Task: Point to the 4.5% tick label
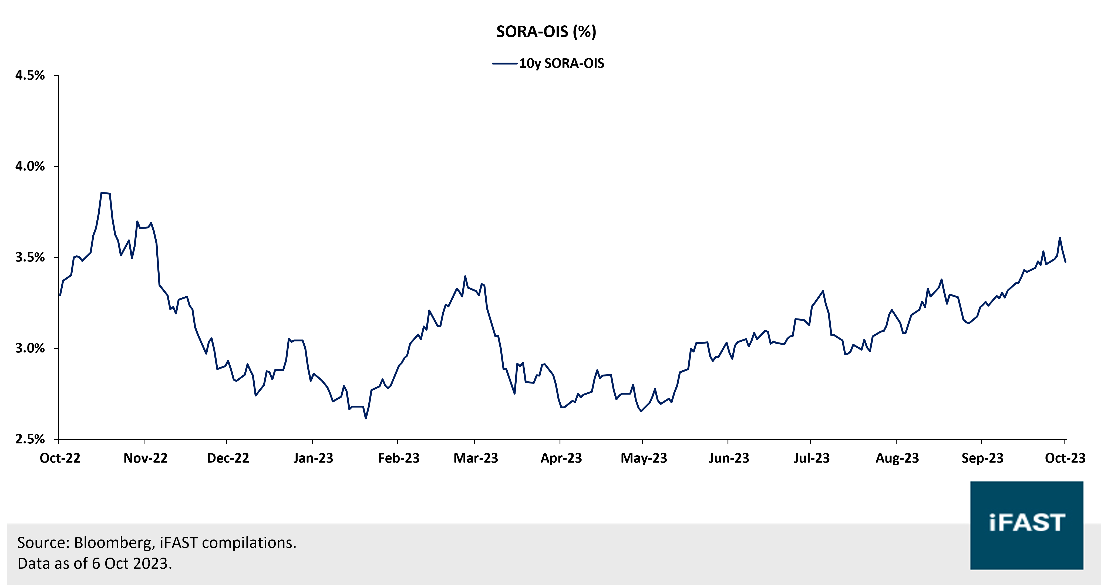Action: click(x=30, y=76)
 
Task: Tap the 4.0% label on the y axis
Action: click(x=30, y=166)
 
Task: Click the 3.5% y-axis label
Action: click(x=30, y=257)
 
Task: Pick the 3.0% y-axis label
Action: click(x=30, y=348)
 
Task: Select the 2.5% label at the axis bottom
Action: click(x=30, y=439)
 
